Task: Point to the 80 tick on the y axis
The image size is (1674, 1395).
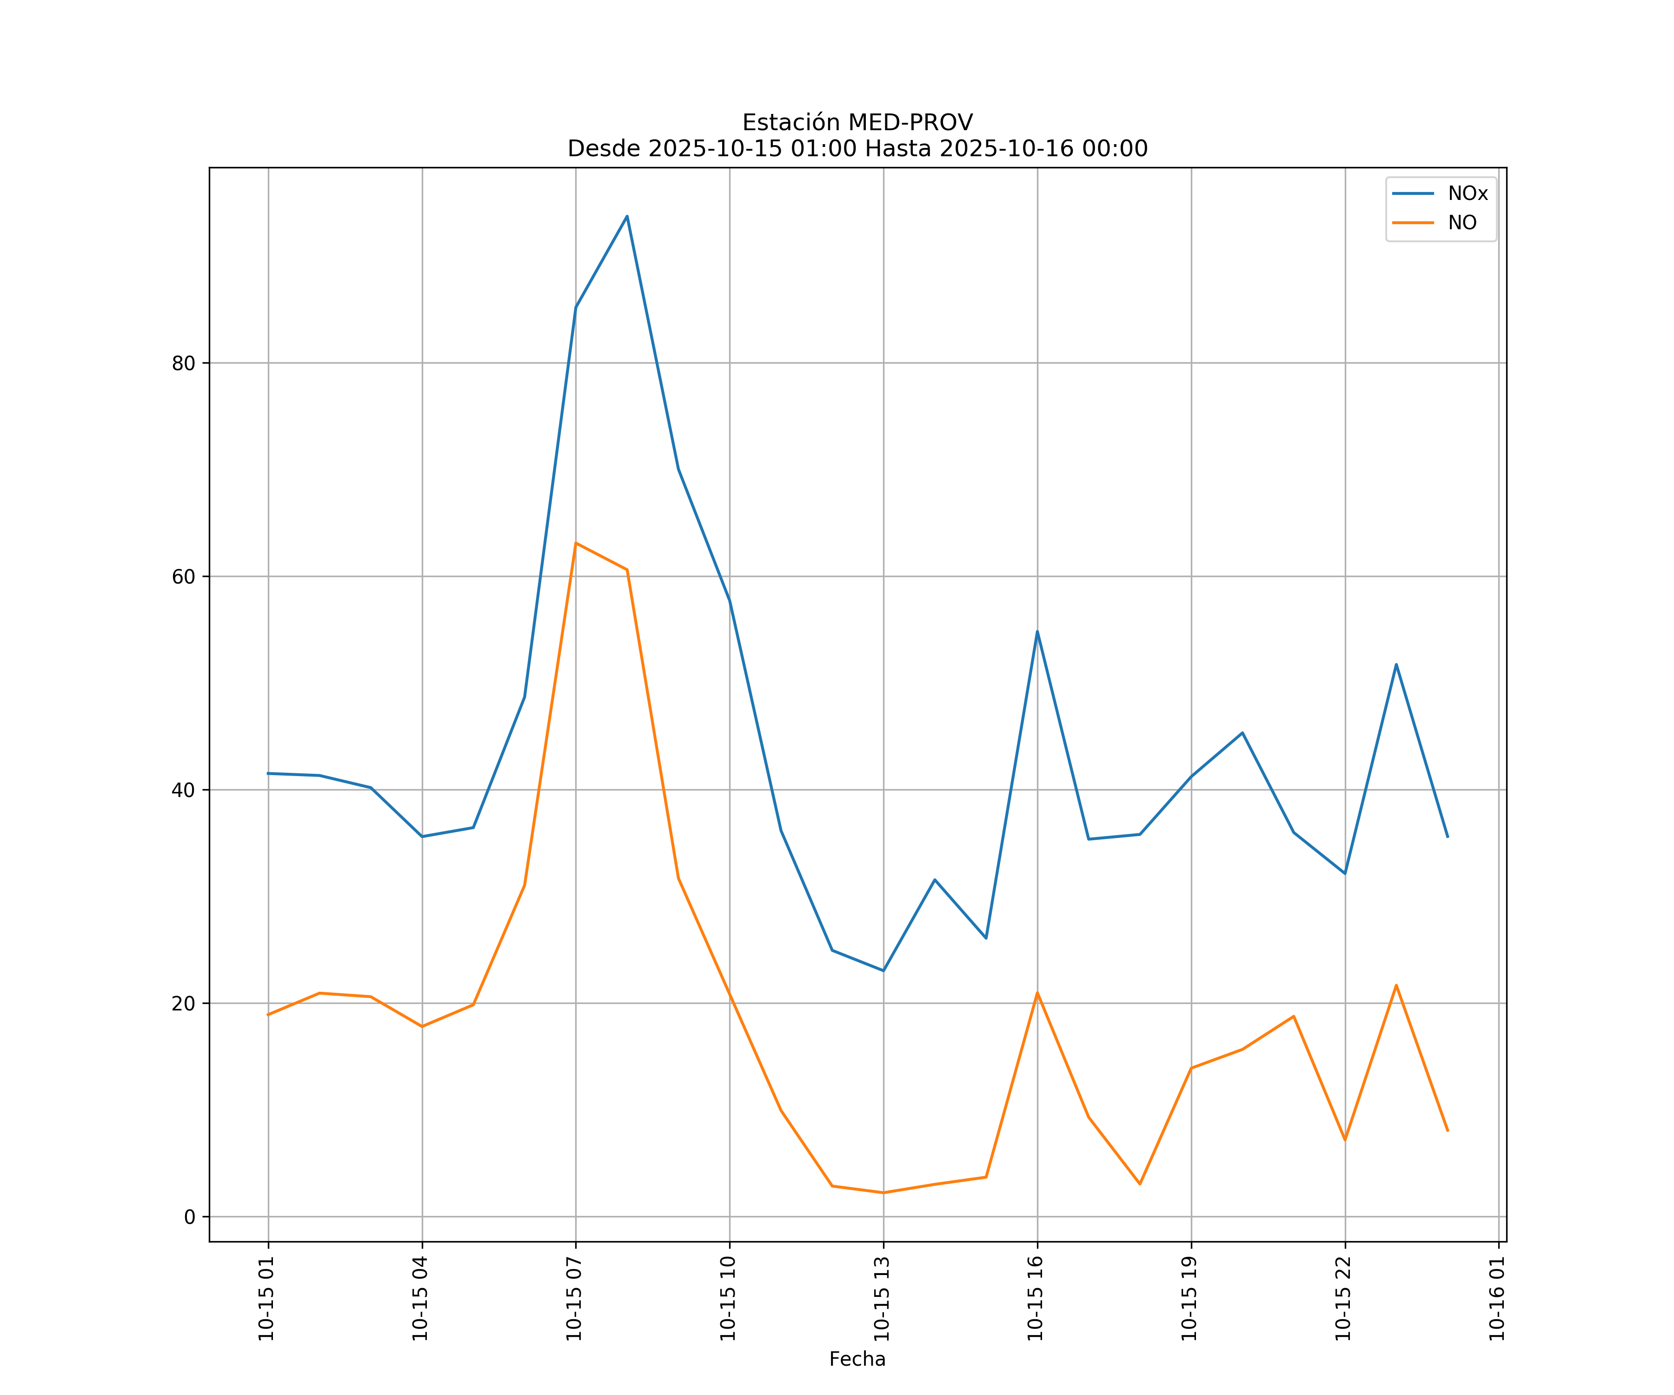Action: pyautogui.click(x=183, y=364)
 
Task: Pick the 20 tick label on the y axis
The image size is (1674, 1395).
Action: pyautogui.click(x=183, y=1003)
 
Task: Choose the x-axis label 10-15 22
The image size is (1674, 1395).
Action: pyautogui.click(x=1344, y=1299)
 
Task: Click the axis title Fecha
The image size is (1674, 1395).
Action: pyautogui.click(x=857, y=1359)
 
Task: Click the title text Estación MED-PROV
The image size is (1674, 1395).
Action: pyautogui.click(x=857, y=123)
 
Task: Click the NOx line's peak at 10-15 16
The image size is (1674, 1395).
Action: pyautogui.click(x=1037, y=631)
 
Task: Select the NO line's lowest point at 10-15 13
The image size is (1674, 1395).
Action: pyautogui.click(x=883, y=1193)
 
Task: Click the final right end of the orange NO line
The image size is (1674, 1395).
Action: pyautogui.click(x=1448, y=1131)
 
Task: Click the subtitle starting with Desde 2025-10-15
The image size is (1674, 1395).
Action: pyautogui.click(x=857, y=149)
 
